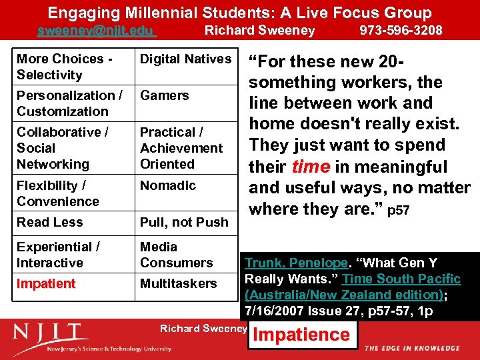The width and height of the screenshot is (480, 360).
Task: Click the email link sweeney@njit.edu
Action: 96,30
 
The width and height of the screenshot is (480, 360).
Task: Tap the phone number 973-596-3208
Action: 401,30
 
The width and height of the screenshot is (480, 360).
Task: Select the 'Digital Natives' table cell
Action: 185,59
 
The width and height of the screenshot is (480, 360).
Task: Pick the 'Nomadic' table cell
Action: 168,185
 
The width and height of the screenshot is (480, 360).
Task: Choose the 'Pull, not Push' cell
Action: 184,222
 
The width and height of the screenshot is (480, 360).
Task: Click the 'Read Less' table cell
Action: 50,222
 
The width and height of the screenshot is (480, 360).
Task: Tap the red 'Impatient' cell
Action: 46,283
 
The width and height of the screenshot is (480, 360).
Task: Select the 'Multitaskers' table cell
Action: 178,283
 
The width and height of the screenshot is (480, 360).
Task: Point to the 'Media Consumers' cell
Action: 176,255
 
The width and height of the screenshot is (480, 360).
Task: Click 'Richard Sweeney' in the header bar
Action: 259,30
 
